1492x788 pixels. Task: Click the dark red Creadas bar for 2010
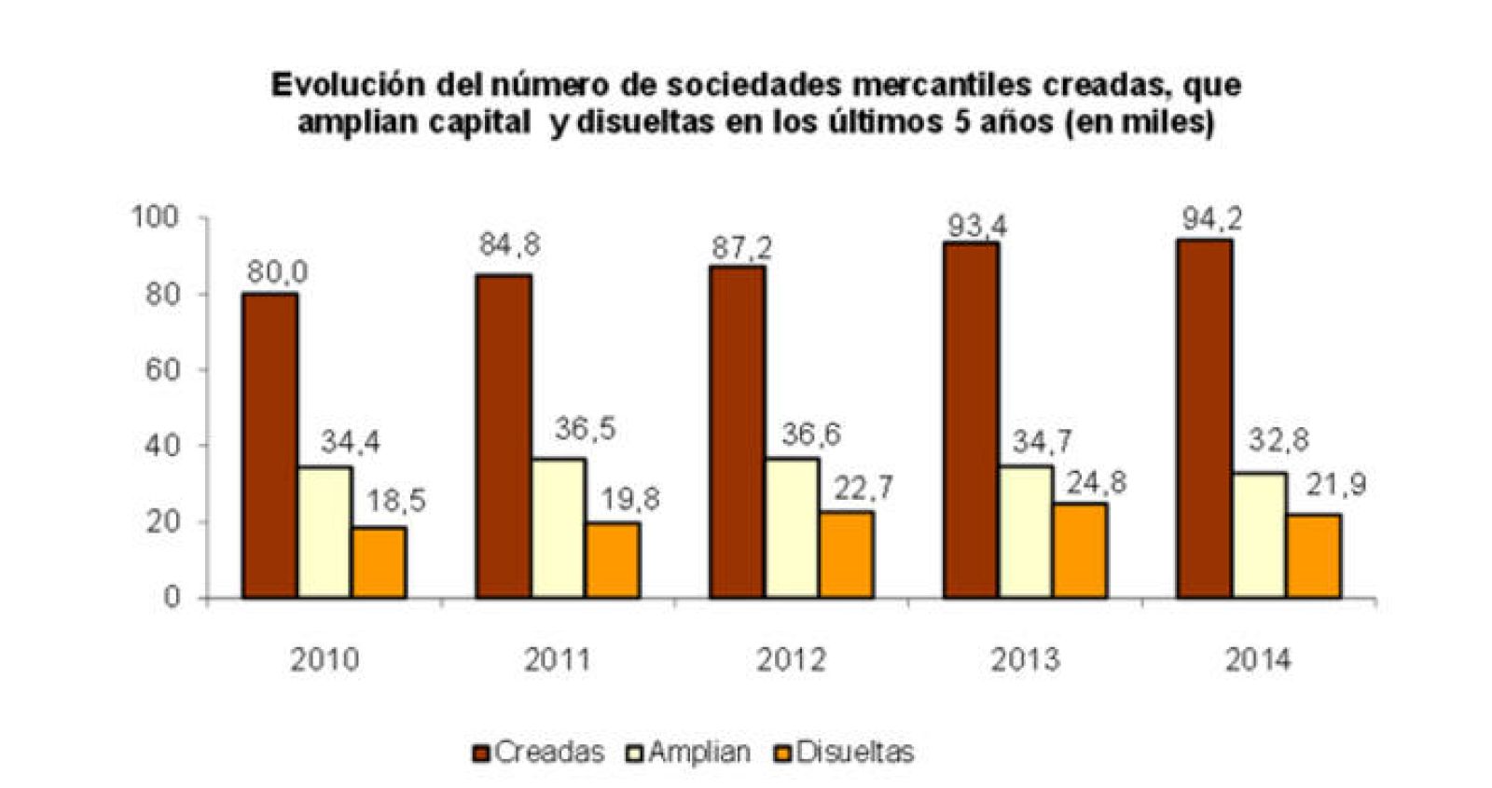tap(269, 446)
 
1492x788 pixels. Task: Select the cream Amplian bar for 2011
tap(558, 528)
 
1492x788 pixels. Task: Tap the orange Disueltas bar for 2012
tap(847, 555)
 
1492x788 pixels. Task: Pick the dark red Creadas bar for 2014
tap(1204, 419)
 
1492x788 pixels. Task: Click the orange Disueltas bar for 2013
tap(1080, 550)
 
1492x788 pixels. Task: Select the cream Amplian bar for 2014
tap(1259, 535)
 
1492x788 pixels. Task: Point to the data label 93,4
tap(975, 226)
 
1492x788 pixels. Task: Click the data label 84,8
tap(509, 246)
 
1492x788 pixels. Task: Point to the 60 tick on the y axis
tap(160, 370)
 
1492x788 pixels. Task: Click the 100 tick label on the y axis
tap(154, 218)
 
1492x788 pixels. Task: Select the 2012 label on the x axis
tap(791, 660)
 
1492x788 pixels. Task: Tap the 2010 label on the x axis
tap(324, 660)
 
